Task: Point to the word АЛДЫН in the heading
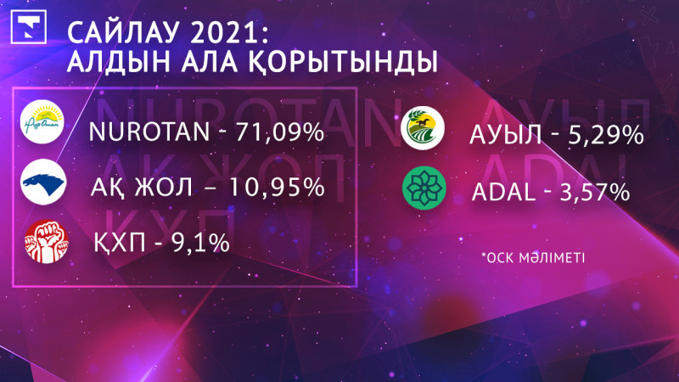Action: click(x=112, y=63)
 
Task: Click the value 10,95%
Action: click(x=279, y=187)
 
